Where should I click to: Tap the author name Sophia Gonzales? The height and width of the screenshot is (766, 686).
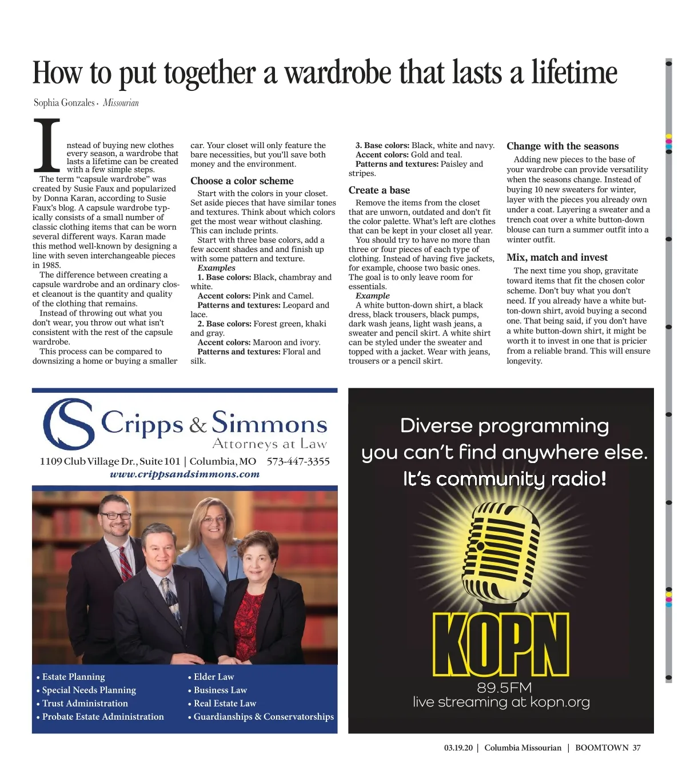(64, 103)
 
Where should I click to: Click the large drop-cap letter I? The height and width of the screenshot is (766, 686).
(47, 145)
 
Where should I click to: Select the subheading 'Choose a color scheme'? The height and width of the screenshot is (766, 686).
(242, 181)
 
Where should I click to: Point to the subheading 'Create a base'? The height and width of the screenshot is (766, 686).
(379, 190)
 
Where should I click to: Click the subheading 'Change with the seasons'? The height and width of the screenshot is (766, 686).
(563, 146)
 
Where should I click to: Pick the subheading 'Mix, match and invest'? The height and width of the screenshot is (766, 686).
(557, 257)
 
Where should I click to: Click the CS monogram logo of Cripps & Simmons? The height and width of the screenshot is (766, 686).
(69, 424)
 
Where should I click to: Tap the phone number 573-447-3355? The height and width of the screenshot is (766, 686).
(298, 461)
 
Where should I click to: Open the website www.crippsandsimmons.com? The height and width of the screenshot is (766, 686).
(185, 474)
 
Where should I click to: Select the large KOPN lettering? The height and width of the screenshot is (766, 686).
(501, 645)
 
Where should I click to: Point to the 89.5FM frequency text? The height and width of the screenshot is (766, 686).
(504, 687)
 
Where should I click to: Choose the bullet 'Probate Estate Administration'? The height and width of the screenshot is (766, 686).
(103, 717)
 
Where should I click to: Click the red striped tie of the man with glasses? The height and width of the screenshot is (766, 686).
(126, 563)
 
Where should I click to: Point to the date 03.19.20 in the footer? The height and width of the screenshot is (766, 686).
(458, 748)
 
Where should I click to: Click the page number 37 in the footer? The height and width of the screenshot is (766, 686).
(636, 748)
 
